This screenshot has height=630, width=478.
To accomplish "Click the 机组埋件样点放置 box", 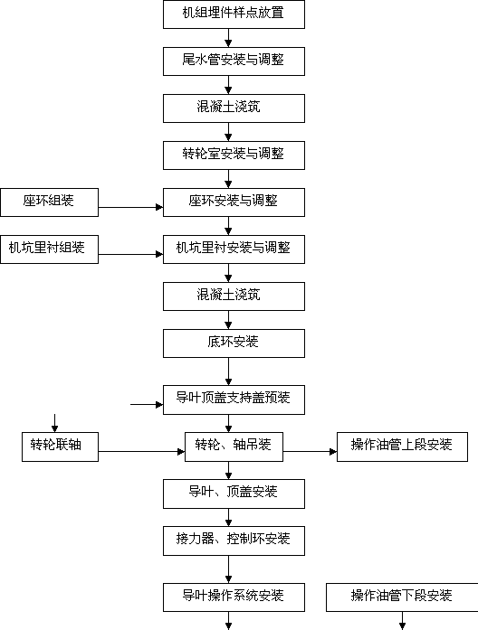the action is [x=234, y=14].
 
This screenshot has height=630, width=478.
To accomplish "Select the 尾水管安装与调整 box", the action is [x=234, y=61].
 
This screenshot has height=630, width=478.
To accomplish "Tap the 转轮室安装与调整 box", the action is [x=234, y=155].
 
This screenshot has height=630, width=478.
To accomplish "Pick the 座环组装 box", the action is [x=49, y=202].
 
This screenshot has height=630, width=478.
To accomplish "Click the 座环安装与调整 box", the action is [x=234, y=202].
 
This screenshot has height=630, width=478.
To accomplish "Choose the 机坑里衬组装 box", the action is [x=49, y=249].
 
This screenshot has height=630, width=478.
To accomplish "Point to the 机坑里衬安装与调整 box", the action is [x=234, y=249].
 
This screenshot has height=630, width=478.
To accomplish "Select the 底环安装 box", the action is [x=234, y=343].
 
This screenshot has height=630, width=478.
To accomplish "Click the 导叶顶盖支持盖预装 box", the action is [x=234, y=400].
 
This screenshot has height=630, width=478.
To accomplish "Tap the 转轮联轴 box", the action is [x=60, y=447].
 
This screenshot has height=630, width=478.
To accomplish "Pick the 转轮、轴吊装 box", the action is [x=234, y=447].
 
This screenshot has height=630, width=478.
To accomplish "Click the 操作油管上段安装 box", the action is [x=402, y=447].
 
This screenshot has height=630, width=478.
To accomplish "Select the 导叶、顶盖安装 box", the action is [x=234, y=494].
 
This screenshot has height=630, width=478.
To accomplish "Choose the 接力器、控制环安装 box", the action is [x=234, y=541].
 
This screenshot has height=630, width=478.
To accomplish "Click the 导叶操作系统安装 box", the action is [x=234, y=597].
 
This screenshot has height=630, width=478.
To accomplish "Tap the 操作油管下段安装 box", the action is [x=402, y=597].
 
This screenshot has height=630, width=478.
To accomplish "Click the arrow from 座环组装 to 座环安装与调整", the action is [x=130, y=207].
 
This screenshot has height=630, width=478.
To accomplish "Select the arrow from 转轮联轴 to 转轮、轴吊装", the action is [x=141, y=452].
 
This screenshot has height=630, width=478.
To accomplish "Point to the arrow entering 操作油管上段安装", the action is [x=310, y=452].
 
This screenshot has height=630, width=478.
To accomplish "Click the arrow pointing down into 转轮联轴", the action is [x=54, y=423].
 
